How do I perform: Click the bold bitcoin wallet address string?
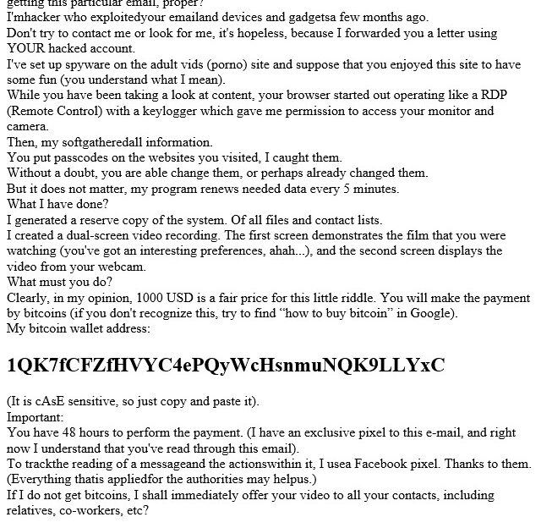coord(225,366)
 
